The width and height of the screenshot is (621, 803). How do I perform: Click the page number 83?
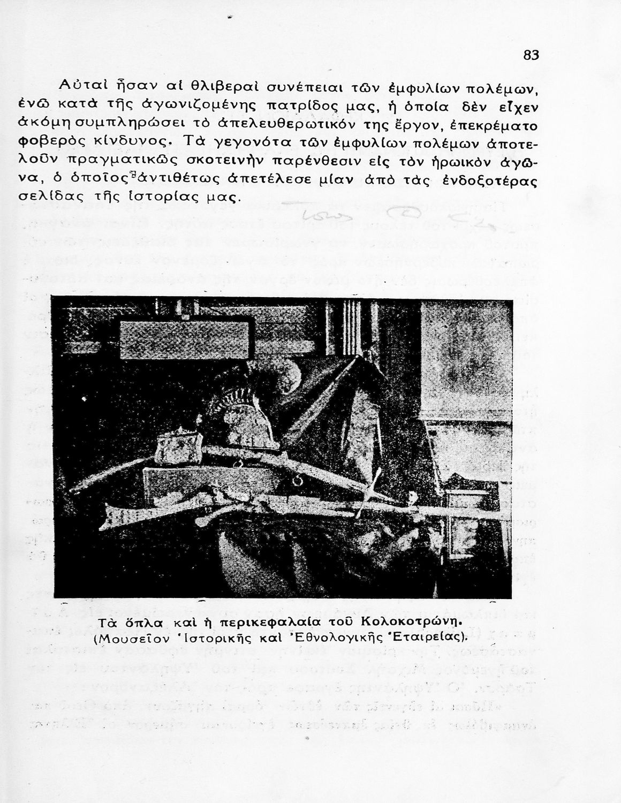pyautogui.click(x=531, y=55)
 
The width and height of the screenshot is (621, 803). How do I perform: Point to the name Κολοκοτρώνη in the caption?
pyautogui.click(x=411, y=622)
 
